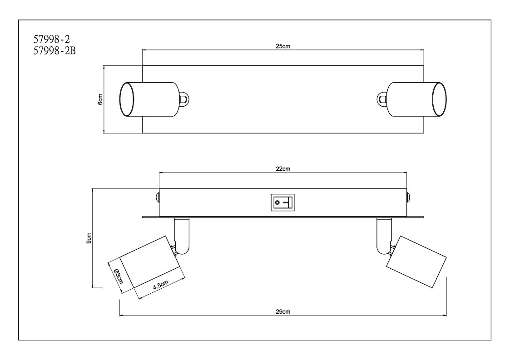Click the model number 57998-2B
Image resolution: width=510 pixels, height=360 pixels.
click(54, 51)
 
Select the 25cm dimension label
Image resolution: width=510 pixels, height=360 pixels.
click(283, 46)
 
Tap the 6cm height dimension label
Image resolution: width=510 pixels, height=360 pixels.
click(100, 99)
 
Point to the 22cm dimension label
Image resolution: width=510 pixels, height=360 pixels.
click(283, 169)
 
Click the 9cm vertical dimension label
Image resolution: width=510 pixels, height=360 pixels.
click(89, 238)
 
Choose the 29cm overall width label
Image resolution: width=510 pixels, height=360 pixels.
click(283, 311)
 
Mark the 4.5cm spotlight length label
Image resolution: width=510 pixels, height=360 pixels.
click(161, 285)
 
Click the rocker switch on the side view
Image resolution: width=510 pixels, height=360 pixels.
click(282, 202)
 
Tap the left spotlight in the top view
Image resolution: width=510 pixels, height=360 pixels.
click(149, 99)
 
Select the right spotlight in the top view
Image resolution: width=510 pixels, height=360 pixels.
click(417, 99)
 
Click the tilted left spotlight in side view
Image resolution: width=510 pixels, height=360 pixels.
click(149, 262)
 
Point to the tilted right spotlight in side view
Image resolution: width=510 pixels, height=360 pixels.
click(416, 262)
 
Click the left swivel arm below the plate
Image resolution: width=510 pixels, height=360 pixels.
click(182, 236)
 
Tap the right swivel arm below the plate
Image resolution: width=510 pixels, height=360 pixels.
click(385, 236)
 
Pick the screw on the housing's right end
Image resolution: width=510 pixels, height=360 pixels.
click(409, 197)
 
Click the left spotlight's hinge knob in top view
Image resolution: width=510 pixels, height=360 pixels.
click(184, 99)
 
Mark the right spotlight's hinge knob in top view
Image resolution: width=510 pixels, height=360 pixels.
click(382, 99)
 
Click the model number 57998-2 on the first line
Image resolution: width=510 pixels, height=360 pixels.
click(51, 39)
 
